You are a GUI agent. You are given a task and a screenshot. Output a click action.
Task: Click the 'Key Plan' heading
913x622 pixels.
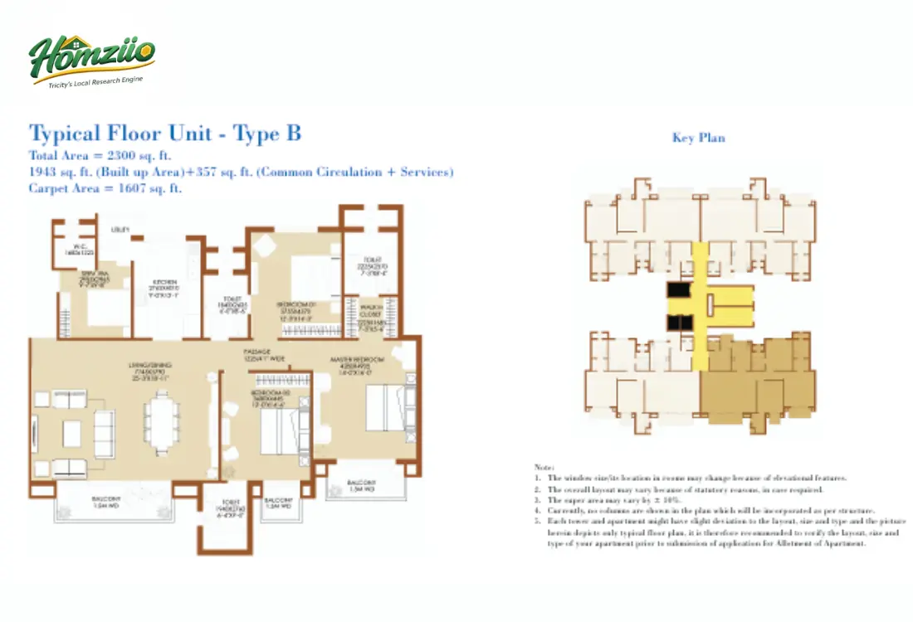tap(698, 138)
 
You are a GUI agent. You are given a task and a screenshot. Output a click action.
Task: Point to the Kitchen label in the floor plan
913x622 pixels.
tap(163, 282)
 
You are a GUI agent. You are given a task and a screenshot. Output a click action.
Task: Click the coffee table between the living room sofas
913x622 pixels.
tap(72, 431)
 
